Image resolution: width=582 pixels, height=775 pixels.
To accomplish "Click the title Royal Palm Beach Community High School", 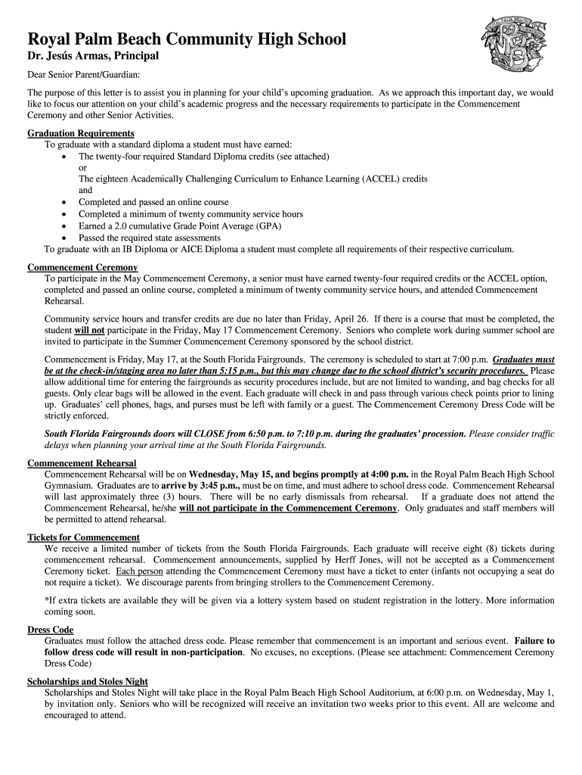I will pyautogui.click(x=187, y=39).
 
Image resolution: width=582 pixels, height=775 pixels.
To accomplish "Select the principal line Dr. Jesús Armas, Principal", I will pyautogui.click(x=93, y=58).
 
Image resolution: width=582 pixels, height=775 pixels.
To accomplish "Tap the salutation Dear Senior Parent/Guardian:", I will pyautogui.click(x=84, y=75).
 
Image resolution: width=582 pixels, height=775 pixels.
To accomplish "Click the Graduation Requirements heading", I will pyautogui.click(x=81, y=133).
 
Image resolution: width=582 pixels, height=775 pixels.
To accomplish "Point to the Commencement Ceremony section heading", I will pyautogui.click(x=82, y=267).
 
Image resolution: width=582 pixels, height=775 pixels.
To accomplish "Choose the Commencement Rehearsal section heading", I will pyautogui.click(x=82, y=462).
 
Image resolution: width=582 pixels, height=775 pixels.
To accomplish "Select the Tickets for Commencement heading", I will pyautogui.click(x=83, y=537).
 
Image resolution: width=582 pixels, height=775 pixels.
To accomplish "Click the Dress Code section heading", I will pyautogui.click(x=50, y=629).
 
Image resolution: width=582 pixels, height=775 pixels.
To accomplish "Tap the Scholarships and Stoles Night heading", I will pyautogui.click(x=88, y=681).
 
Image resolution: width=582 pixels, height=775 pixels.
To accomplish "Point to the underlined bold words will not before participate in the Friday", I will pyautogui.click(x=90, y=331).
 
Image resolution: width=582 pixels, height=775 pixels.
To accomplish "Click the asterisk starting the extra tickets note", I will pyautogui.click(x=47, y=600).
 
